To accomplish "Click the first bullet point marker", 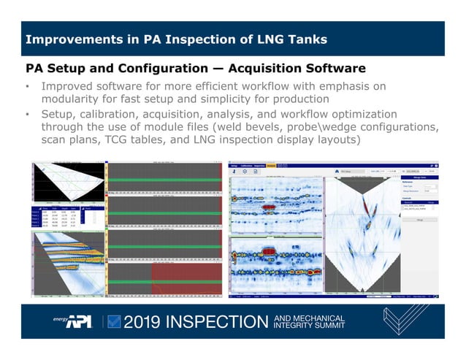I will click(27, 88).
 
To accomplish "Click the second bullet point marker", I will click(27, 115).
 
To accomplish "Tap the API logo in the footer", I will click(76, 321).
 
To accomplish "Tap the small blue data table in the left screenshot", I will click(62, 217).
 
